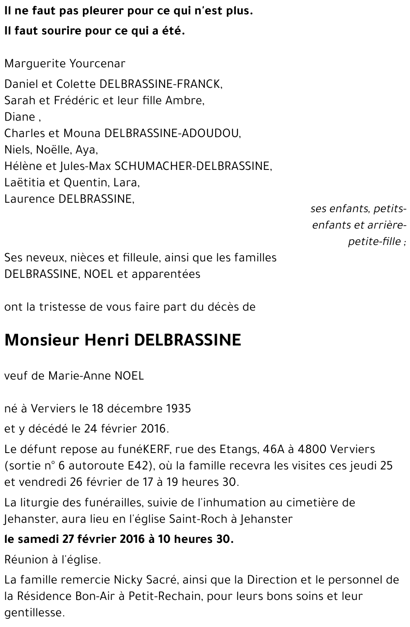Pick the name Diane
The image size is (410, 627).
pos(20,117)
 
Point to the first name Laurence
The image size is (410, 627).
pos(30,199)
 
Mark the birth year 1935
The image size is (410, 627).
pos(179,409)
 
